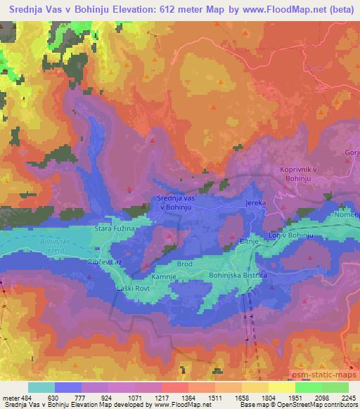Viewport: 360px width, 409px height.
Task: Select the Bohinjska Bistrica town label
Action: [238, 275]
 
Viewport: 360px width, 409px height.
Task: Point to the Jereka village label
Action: [255, 202]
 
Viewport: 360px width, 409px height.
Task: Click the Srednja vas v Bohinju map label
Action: [176, 203]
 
